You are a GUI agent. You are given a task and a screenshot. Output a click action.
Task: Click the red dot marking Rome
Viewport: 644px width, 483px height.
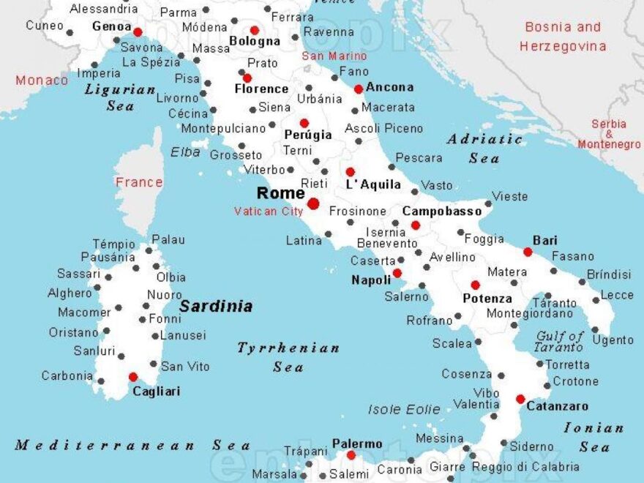tap(313, 203)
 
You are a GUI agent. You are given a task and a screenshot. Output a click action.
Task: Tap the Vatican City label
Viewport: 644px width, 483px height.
tap(268, 211)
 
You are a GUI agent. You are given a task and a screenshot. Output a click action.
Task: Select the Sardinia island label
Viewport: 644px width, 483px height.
tap(216, 306)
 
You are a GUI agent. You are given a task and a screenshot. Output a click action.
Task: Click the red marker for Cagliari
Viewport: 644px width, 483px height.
tap(133, 377)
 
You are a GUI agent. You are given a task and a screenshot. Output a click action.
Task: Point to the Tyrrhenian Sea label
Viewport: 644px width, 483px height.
tap(288, 357)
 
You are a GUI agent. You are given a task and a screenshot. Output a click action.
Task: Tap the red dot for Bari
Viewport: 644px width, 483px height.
tap(528, 252)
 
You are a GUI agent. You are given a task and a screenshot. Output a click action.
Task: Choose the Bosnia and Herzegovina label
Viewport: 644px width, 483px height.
tap(563, 37)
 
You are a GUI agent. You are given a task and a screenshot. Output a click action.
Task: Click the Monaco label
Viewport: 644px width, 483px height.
tap(42, 80)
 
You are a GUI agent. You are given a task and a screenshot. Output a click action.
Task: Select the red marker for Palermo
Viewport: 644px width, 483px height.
tap(351, 455)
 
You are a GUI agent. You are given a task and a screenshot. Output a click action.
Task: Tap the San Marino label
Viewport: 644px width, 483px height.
tap(334, 56)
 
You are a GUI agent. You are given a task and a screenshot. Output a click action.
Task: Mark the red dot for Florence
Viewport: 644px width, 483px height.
tap(247, 78)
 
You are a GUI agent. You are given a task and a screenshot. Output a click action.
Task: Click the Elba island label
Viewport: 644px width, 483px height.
tap(185, 152)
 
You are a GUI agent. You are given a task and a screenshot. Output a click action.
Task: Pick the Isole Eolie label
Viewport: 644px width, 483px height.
tap(404, 410)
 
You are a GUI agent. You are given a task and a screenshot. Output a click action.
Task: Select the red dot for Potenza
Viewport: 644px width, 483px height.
tap(475, 285)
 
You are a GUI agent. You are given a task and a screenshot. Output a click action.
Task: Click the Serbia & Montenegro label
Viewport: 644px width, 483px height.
tap(609, 135)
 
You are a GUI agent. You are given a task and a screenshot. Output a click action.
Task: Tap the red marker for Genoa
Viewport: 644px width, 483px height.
tap(138, 31)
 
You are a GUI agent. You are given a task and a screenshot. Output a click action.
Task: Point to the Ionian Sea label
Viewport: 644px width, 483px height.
tap(594, 437)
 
